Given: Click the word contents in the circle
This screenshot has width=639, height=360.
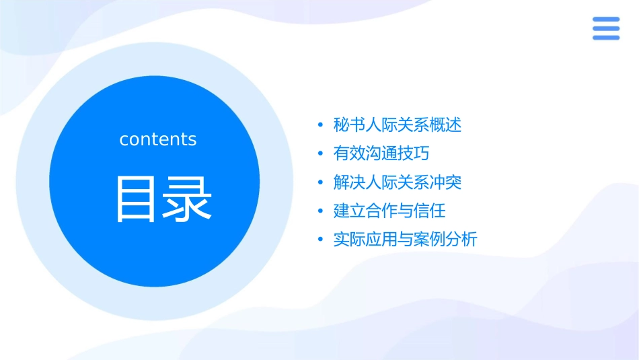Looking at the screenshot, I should [x=157, y=139].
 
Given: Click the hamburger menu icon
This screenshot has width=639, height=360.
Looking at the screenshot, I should [x=605, y=28].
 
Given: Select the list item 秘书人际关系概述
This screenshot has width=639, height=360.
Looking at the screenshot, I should [x=398, y=125].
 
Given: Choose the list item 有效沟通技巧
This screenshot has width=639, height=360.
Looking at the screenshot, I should [x=381, y=153].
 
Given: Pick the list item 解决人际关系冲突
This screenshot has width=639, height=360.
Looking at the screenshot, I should [x=398, y=182].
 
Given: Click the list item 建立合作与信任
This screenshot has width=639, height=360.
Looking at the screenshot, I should [x=389, y=211].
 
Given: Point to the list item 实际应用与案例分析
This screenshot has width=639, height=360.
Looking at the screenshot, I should [x=405, y=240].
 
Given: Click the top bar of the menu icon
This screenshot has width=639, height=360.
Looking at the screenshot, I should [x=605, y=20].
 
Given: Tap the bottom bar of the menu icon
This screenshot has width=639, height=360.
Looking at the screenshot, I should [x=605, y=37].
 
